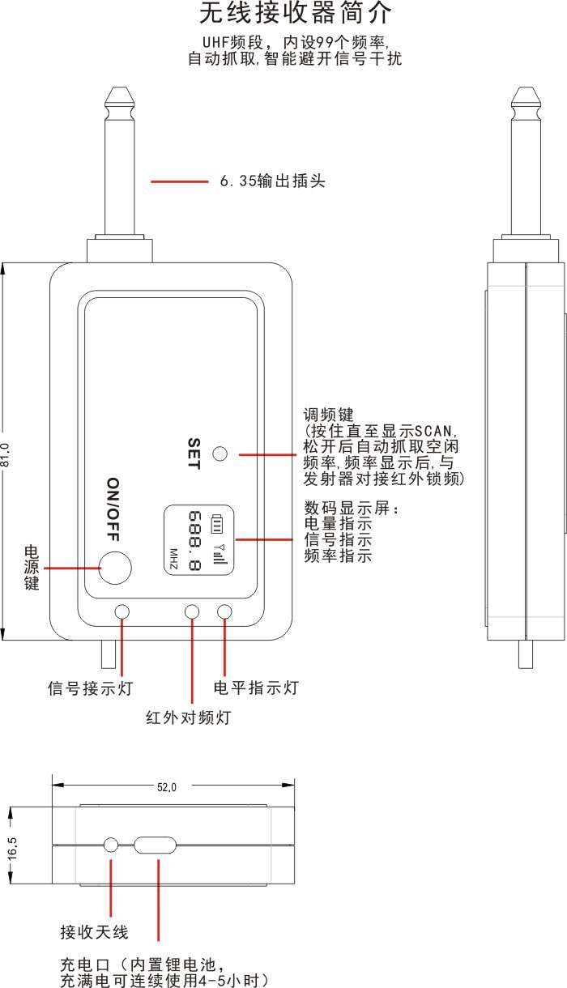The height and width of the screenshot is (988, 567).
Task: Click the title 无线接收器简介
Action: [x=295, y=13]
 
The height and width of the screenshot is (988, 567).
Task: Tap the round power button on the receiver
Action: [x=115, y=568]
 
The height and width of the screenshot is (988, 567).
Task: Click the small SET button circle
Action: [x=220, y=454]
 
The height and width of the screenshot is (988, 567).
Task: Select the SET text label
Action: [x=194, y=454]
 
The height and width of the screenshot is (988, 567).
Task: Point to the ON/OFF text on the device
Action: [x=113, y=509]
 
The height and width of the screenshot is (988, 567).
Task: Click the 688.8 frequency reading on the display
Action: [x=194, y=540]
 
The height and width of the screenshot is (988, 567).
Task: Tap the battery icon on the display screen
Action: [x=216, y=523]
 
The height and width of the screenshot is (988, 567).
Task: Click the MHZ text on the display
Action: [x=173, y=560]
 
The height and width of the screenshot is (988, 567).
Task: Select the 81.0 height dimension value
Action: [x=6, y=454]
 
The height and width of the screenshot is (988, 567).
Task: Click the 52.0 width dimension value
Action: [x=167, y=787]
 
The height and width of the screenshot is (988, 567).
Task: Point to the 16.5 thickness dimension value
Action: [x=12, y=848]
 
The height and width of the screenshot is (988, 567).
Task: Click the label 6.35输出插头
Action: [x=273, y=181]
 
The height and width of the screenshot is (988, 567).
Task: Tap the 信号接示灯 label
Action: [x=91, y=688]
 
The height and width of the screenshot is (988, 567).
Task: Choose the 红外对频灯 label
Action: [x=189, y=718]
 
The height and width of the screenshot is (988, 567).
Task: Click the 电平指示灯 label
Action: [x=256, y=688]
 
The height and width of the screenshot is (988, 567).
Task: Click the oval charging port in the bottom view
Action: [x=155, y=845]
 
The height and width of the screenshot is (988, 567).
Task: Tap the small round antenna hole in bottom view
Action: [x=111, y=845]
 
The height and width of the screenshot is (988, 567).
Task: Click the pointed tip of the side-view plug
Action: [x=526, y=88]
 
